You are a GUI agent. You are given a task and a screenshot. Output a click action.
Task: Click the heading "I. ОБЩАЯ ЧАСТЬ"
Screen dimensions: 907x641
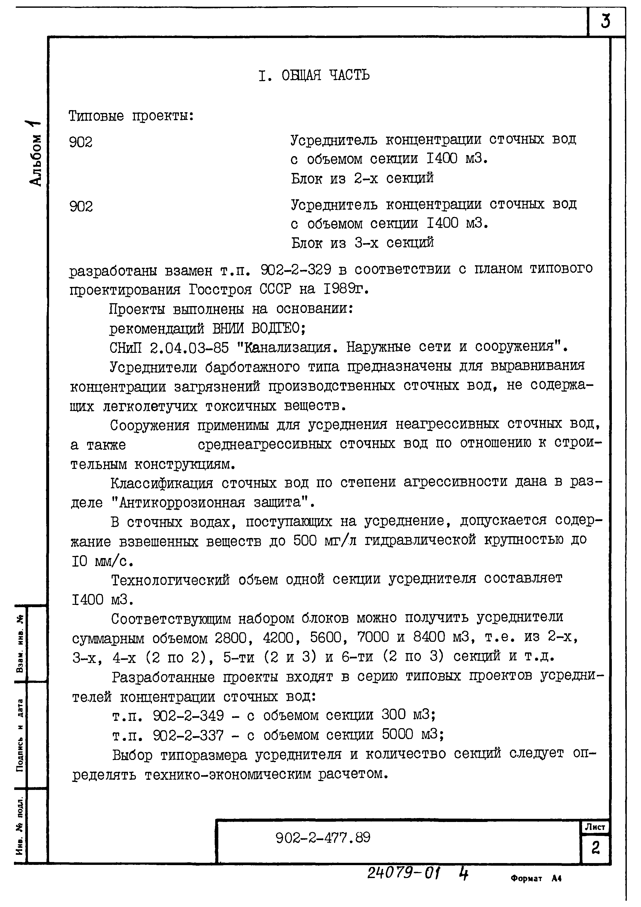click(314, 75)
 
